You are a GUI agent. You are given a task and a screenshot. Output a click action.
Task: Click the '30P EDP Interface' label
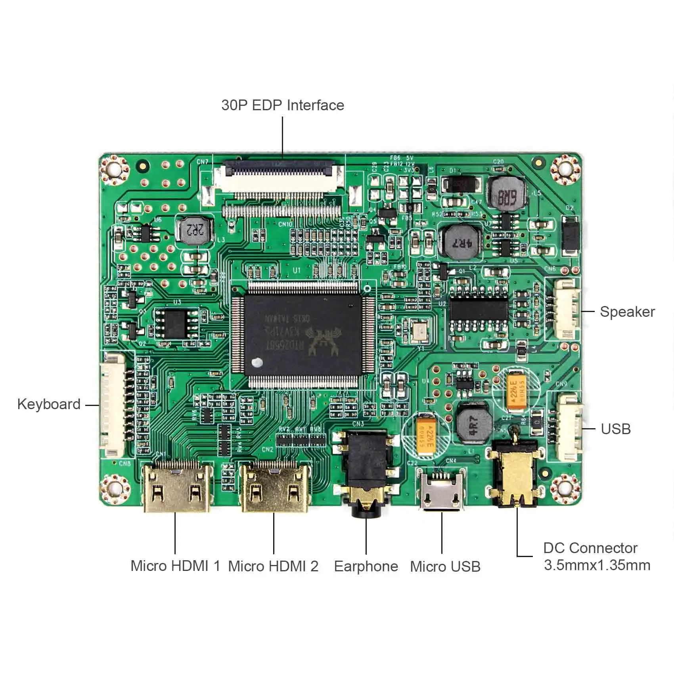pyautogui.click(x=282, y=105)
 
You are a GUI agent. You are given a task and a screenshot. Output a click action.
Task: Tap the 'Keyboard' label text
pyautogui.click(x=49, y=404)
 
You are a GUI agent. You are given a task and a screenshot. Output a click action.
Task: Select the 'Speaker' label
pyautogui.click(x=627, y=312)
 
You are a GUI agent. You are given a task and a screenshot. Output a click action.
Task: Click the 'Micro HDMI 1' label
pyautogui.click(x=175, y=566)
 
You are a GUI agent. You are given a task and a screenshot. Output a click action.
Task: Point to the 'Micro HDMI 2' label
pyautogui.click(x=273, y=566)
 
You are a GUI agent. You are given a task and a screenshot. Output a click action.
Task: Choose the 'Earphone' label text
pyautogui.click(x=366, y=566)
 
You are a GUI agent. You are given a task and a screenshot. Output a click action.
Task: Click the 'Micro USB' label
pyautogui.click(x=445, y=566)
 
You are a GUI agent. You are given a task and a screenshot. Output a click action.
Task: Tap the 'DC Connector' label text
pyautogui.click(x=590, y=548)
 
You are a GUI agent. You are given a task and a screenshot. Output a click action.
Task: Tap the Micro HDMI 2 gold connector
pyautogui.click(x=275, y=488)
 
